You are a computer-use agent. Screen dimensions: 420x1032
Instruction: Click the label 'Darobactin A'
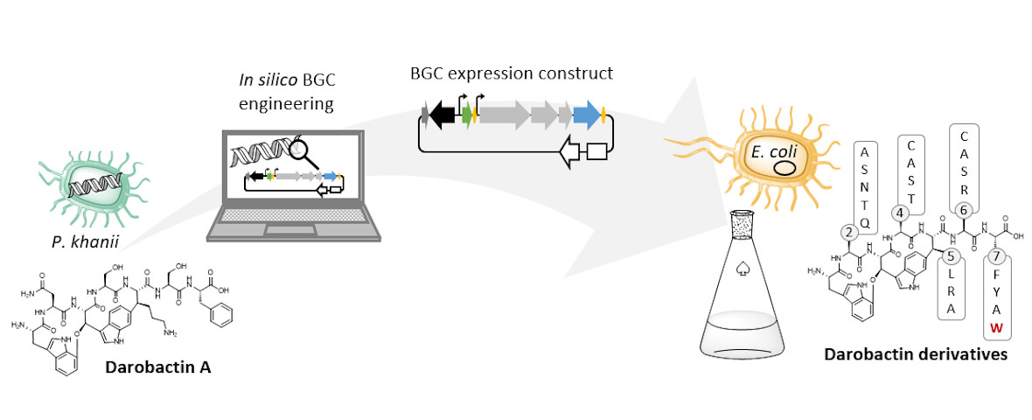point(157,367)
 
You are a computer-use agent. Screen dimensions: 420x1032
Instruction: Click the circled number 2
point(848,232)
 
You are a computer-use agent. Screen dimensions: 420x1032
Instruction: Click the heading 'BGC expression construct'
point(512,73)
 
